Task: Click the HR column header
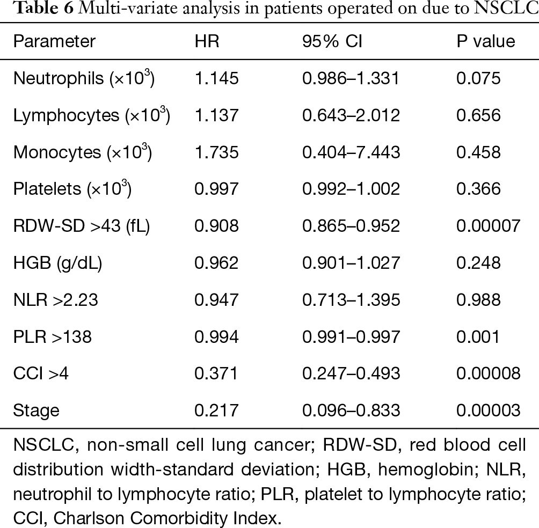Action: click(207, 41)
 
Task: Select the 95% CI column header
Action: click(332, 41)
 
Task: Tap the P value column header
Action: click(486, 41)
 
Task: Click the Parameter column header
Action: click(54, 41)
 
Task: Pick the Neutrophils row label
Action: click(84, 78)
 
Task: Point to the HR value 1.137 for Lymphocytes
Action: click(216, 115)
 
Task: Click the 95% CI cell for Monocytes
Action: click(351, 152)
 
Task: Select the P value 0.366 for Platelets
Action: click(478, 189)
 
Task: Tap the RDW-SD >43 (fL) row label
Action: click(82, 226)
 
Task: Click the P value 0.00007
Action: click(488, 226)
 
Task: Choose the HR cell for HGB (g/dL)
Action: click(216, 263)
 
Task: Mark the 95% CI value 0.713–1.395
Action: click(351, 300)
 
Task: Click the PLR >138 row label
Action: click(52, 336)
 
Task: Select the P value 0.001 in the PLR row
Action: click(478, 336)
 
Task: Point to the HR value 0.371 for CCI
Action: click(216, 373)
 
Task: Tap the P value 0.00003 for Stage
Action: click(488, 410)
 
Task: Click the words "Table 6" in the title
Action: click(45, 8)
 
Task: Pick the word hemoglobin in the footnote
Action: click(427, 470)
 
